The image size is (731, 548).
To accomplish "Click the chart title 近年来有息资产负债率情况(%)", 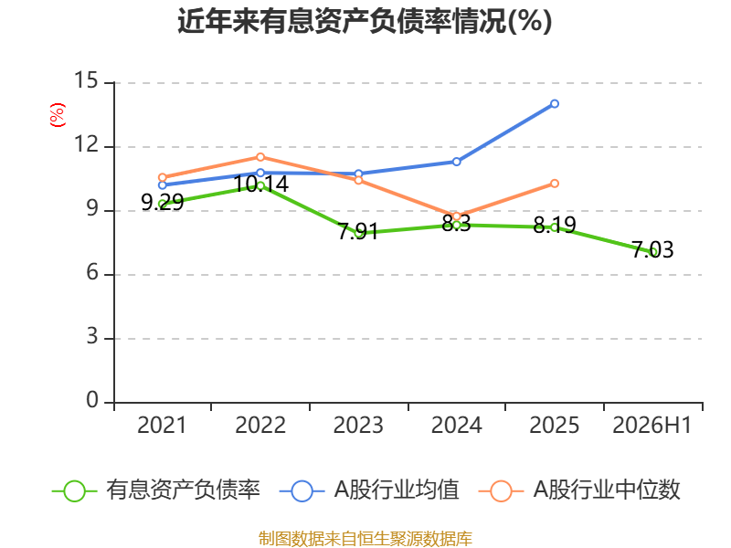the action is point(365,21).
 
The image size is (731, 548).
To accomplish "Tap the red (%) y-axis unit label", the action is point(58,115).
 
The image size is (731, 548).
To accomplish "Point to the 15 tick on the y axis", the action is point(86,80).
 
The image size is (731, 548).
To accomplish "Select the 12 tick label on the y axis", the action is point(86,144).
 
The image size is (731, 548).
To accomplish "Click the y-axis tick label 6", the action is point(92,272).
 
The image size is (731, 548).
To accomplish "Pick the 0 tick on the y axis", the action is point(92,400).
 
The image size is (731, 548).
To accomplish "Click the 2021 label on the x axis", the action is point(162,425).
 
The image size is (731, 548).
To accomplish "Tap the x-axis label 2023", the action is point(358,425).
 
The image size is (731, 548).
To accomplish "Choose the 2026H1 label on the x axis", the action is point(652,425).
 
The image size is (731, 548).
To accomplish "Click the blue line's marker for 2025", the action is point(555,103).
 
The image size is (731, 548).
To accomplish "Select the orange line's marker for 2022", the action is point(260,157).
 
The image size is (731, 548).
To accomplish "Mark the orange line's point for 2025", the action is point(555,184).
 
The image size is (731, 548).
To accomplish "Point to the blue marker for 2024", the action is point(456,162).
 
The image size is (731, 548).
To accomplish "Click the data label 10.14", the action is point(261,184).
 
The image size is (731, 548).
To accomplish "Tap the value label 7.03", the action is point(652,249).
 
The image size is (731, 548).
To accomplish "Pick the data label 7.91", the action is point(358,231).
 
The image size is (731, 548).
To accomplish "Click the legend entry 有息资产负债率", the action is point(155,490).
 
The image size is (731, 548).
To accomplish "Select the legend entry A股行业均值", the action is point(369,490).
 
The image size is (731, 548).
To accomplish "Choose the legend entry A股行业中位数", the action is point(579,490).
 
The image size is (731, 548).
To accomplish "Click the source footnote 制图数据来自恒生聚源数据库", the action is point(365,539).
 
